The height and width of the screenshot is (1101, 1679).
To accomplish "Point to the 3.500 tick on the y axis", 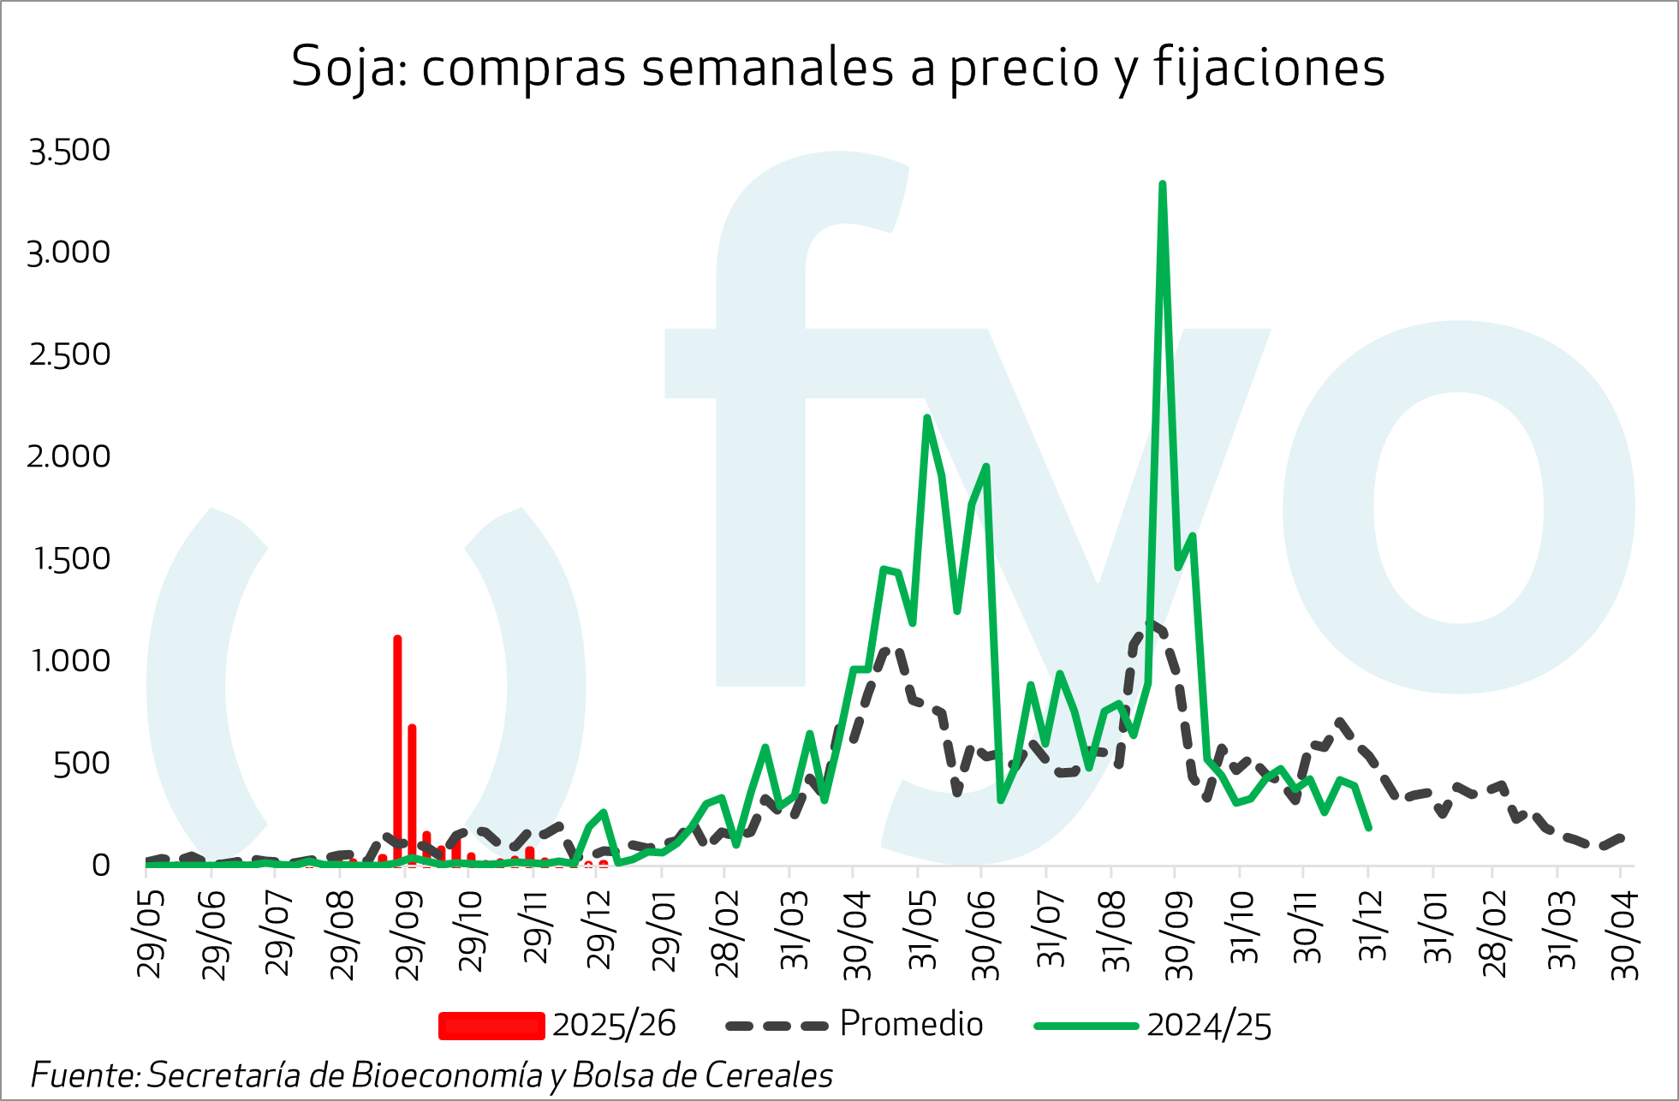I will tap(69, 151).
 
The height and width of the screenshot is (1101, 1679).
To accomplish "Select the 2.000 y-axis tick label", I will tap(69, 456).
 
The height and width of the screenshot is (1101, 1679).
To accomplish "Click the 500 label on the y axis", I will tap(81, 764).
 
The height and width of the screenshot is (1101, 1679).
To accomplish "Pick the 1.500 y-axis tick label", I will tap(72, 559).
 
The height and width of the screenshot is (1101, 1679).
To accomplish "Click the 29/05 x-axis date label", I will tap(151, 933).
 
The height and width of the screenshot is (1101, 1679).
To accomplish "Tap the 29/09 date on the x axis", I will tap(409, 933).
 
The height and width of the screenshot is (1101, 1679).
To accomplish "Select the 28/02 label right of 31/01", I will tap(1495, 933).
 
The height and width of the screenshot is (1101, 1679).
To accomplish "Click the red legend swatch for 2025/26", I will tap(491, 1025).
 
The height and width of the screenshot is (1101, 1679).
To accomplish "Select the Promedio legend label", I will tap(911, 1024).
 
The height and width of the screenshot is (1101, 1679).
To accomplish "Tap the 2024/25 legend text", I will tap(1209, 1025).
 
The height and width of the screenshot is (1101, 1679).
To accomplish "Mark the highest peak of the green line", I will tap(1162, 184).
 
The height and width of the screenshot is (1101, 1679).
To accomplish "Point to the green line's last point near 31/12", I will tap(1369, 827).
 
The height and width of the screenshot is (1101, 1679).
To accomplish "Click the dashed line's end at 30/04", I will tap(1621, 837).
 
